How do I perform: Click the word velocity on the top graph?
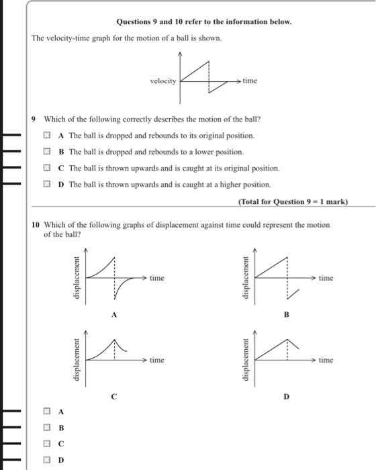(x=164, y=81)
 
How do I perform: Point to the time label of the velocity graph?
(x=250, y=81)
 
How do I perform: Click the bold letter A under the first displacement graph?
(x=113, y=314)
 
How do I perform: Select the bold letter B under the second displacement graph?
(x=286, y=314)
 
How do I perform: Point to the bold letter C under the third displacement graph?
(x=113, y=397)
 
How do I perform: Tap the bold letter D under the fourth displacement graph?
(x=286, y=397)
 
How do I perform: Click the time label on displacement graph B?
(x=326, y=277)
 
